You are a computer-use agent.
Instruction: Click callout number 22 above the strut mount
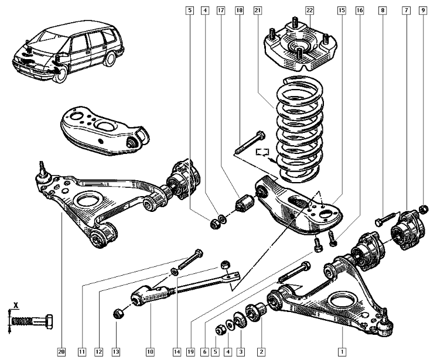[x=310, y=11]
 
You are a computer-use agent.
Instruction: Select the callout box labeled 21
[x=258, y=11]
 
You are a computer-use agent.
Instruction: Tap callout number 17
[x=220, y=11]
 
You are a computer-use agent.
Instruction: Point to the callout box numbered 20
[x=61, y=351]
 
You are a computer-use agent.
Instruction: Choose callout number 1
[x=342, y=351]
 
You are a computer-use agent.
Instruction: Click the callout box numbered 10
[x=150, y=351]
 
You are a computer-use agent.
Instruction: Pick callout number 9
[x=423, y=11]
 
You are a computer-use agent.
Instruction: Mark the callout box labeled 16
[x=359, y=11]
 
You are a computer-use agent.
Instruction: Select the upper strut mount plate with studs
[x=299, y=47]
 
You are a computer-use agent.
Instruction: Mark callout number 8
[x=383, y=11]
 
